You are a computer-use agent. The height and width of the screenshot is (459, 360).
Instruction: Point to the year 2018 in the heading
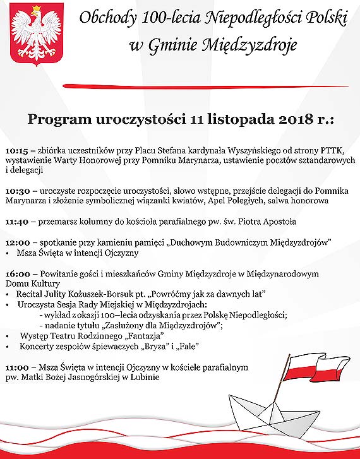[275, 119]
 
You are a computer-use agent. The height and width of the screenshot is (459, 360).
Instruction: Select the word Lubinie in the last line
[142, 378]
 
